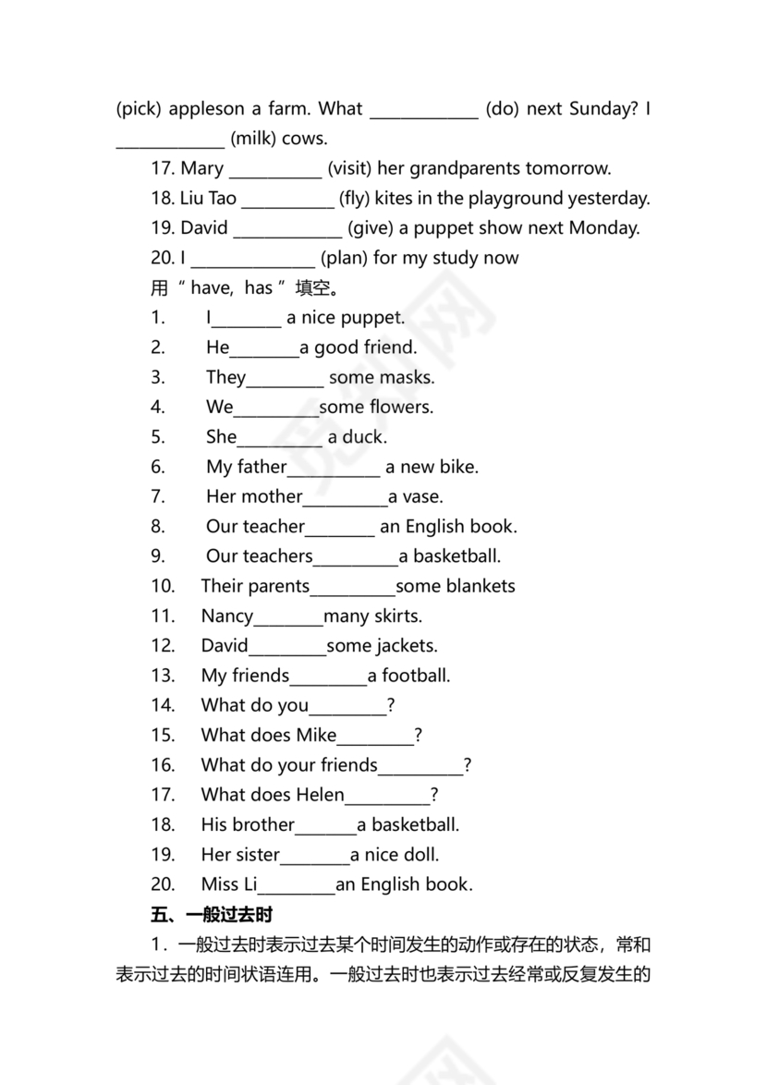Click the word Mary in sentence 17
(201, 168)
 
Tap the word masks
(407, 377)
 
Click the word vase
(422, 496)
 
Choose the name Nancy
(227, 616)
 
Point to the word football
(416, 676)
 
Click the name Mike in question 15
(316, 735)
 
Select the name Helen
(320, 795)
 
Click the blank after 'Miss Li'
(297, 885)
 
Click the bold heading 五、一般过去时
(213, 915)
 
